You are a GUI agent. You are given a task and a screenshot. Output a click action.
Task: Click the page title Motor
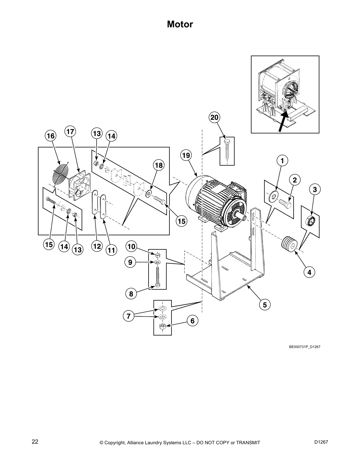point(180,24)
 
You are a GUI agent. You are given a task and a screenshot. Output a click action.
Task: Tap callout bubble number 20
point(214,117)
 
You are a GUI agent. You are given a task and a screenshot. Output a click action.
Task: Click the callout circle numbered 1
point(282,161)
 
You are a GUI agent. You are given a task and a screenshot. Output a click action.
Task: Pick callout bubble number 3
point(315,190)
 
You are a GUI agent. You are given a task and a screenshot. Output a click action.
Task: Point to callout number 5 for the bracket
point(265,305)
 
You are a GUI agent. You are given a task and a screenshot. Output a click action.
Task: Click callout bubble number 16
point(51,136)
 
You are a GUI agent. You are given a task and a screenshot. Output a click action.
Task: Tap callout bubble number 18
point(159,166)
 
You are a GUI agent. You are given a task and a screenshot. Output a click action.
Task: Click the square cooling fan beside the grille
point(79,186)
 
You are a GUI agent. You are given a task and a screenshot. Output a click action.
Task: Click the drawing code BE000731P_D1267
point(304,347)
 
